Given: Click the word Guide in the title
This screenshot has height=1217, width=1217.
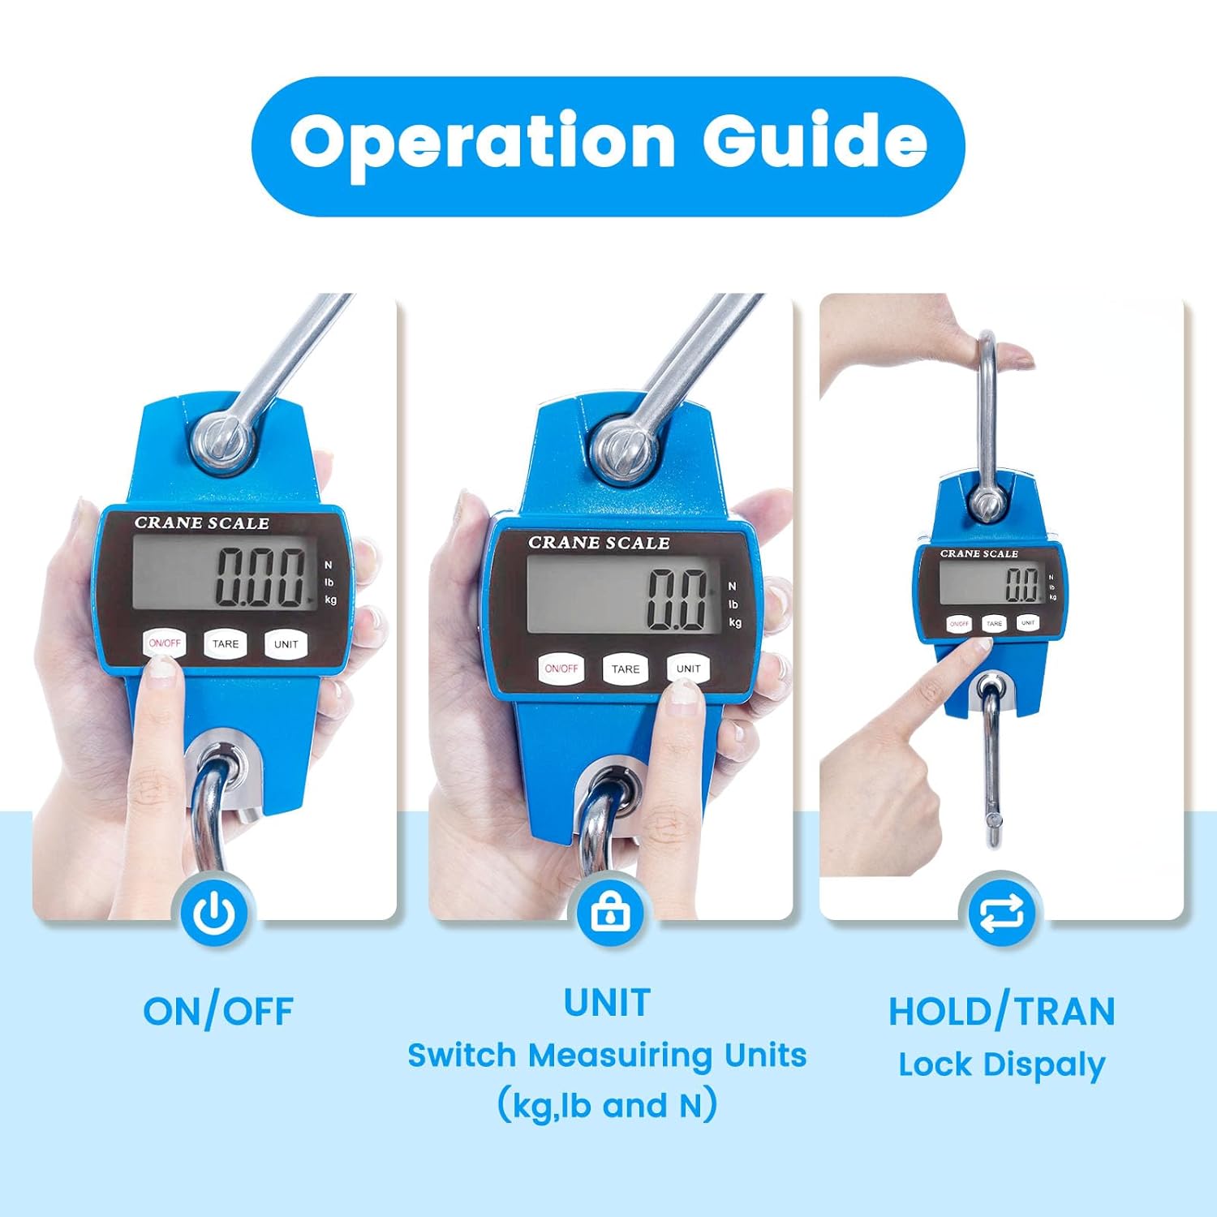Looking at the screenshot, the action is [815, 139].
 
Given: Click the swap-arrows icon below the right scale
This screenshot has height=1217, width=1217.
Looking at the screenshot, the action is [1002, 914].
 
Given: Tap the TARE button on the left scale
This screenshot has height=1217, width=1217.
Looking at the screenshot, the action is [226, 644].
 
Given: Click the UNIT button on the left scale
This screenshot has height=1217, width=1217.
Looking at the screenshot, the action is [286, 644].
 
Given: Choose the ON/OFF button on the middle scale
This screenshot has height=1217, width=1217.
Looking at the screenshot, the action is [561, 669].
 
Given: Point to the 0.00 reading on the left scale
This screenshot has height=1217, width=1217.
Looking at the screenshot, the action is [261, 576].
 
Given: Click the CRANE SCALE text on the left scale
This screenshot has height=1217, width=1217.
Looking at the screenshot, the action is [202, 523].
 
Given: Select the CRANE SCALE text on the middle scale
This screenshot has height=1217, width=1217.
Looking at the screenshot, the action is [599, 543].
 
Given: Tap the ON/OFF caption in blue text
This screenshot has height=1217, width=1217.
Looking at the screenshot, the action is [218, 1012].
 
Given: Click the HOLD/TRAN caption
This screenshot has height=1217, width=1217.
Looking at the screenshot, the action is [1002, 1012].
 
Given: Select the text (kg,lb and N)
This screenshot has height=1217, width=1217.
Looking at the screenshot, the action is [608, 1105].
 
